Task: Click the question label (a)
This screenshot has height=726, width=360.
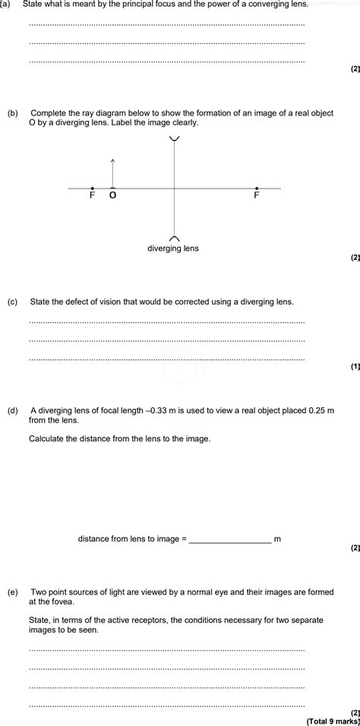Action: coord(6,5)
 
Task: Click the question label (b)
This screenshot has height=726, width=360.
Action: coord(12,112)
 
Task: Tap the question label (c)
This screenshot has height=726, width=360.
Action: coord(12,301)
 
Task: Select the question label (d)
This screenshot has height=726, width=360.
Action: coord(12,410)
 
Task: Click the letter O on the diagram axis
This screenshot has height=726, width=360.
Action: coord(113,195)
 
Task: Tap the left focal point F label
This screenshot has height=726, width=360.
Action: coord(92,195)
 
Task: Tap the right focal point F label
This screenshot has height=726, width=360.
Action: coord(256,195)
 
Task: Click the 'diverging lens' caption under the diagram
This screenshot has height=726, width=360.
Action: coord(173,248)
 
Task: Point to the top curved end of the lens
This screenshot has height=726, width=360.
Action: coord(175,138)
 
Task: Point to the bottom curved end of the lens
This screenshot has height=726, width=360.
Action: coord(175,237)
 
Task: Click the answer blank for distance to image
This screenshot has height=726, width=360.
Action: coord(229,538)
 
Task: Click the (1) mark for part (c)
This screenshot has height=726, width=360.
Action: coord(355,366)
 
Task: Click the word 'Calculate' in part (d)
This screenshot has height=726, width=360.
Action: coord(47,438)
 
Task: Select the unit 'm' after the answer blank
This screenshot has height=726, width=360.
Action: coord(277,538)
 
